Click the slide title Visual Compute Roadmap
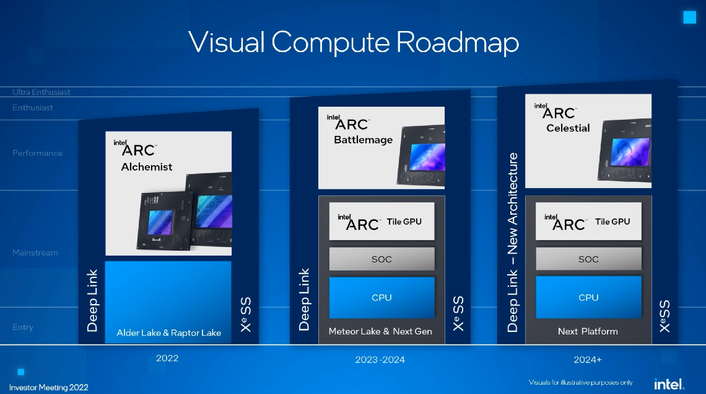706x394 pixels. [353, 42]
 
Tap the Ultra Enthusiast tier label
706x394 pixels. [41, 92]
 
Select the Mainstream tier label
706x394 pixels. [35, 253]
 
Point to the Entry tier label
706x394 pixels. [23, 328]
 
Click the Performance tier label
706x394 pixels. [38, 153]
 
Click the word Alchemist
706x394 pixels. [147, 167]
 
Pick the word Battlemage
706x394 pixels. [363, 140]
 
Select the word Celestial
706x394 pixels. [568, 128]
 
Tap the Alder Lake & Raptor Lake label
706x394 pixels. [168, 333]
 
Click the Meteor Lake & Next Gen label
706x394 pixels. [380, 332]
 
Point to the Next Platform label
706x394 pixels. [588, 331]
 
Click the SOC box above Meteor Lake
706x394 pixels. [381, 259]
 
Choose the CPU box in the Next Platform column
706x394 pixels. [588, 298]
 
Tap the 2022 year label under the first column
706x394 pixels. [167, 359]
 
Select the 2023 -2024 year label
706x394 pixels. [380, 360]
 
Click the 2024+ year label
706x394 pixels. [588, 360]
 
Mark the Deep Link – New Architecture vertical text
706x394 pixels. [513, 242]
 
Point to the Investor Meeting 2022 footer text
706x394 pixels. [49, 388]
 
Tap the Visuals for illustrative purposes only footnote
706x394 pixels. [580, 382]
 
